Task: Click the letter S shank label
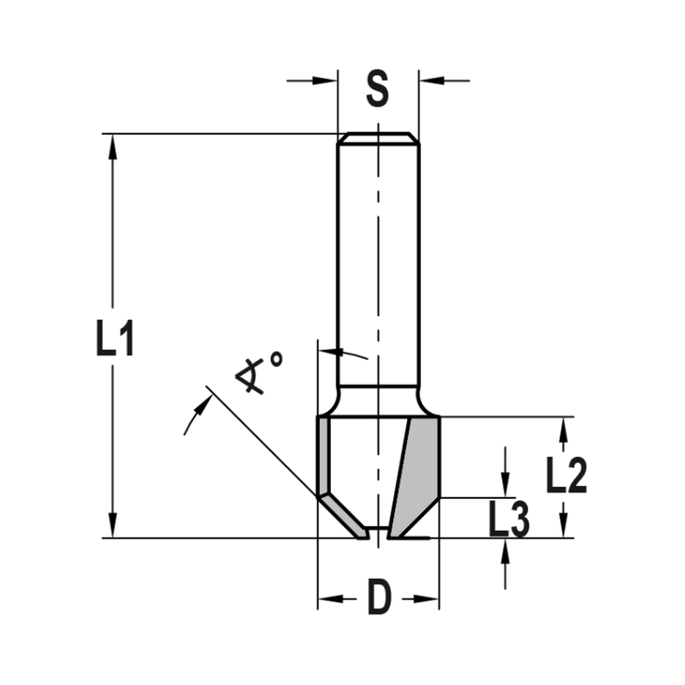(377, 89)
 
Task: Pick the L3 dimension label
(508, 520)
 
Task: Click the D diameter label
(378, 599)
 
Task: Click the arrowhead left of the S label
(329, 81)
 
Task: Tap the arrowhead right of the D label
(429, 599)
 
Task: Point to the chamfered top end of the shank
(378, 138)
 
